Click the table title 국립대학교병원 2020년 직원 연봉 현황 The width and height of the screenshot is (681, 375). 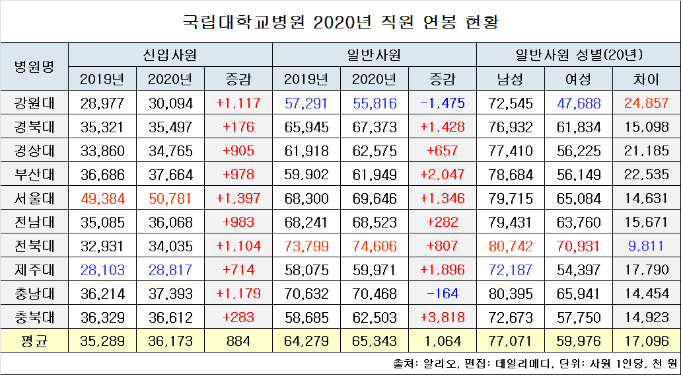[x=340, y=22]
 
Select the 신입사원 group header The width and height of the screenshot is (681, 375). [x=170, y=55]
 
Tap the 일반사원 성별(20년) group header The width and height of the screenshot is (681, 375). [x=579, y=55]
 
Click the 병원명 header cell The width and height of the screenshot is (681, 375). [x=34, y=67]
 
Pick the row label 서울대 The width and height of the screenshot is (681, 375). [x=34, y=198]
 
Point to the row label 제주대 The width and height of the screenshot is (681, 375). [x=34, y=270]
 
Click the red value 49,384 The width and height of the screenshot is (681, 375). [x=102, y=198]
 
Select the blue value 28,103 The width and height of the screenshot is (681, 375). [x=102, y=270]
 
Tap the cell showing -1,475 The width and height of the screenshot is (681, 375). [x=443, y=103]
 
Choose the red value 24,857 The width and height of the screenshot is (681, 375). [x=646, y=103]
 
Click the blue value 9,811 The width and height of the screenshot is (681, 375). [x=646, y=246]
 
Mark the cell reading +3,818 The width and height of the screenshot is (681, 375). [x=443, y=317]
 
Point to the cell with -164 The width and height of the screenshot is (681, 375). [x=443, y=294]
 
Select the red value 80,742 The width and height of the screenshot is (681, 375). [x=510, y=246]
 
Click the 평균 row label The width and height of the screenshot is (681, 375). [x=34, y=341]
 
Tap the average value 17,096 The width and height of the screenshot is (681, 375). [x=646, y=341]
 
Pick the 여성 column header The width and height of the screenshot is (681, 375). [x=578, y=79]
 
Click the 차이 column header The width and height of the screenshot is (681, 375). [x=646, y=79]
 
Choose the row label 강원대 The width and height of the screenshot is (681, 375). [x=34, y=103]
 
